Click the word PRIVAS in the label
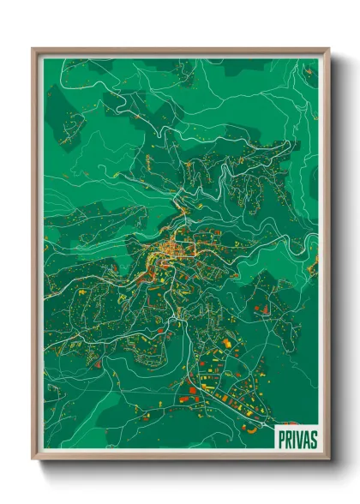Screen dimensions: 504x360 pyautogui.click(x=297, y=438)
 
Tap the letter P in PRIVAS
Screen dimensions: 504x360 pyautogui.click(x=280, y=438)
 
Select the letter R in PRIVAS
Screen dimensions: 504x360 pyautogui.click(x=287, y=438)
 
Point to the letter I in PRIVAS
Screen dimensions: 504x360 pyautogui.click(x=293, y=438)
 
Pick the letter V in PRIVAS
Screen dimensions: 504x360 pyautogui.click(x=298, y=438)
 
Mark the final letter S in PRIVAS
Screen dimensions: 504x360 pyautogui.click(x=313, y=438)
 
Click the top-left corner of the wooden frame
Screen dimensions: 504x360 pyautogui.click(x=33, y=50)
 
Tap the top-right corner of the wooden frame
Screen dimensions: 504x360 pyautogui.click(x=328, y=50)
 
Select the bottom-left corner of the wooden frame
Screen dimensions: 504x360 pyautogui.click(x=33, y=460)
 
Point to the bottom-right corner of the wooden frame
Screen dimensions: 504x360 pyautogui.click(x=328, y=460)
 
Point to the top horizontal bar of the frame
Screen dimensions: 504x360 pyautogui.click(x=181, y=51)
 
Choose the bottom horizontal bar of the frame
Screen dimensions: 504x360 pyautogui.click(x=181, y=458)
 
